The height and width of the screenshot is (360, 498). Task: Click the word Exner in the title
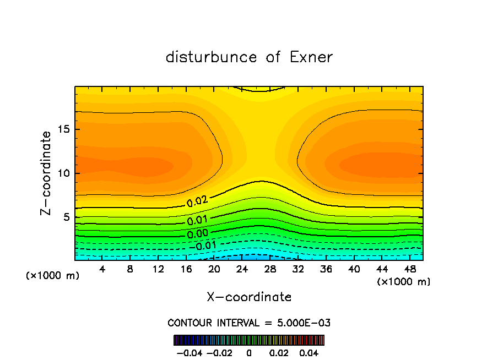point(311,57)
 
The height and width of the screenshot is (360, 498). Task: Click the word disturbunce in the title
point(212,57)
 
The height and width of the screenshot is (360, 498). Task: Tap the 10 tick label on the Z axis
point(64,173)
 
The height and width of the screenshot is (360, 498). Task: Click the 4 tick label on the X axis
point(102,269)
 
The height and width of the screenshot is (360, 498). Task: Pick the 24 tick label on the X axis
point(241,269)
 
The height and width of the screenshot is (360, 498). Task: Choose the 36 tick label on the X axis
point(326,269)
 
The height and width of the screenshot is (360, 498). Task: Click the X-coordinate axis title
point(249,297)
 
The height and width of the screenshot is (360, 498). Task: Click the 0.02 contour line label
point(197,201)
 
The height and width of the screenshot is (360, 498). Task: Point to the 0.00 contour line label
point(197,234)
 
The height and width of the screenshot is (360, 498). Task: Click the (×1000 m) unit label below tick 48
point(404,282)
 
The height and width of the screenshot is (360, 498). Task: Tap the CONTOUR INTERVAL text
point(214,323)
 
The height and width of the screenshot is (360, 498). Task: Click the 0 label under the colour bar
point(249,352)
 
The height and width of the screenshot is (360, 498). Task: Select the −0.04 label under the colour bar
point(189,352)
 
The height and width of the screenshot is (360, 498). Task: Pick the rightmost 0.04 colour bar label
point(310,352)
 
